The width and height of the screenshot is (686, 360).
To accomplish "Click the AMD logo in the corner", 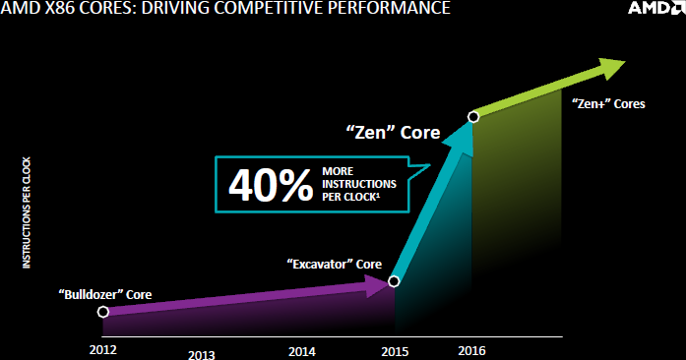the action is (x=656, y=8).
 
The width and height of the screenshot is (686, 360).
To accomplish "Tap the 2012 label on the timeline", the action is (x=103, y=350).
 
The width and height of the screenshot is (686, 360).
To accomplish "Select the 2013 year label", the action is (x=202, y=354).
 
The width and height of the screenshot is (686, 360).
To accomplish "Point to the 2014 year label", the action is (x=302, y=351).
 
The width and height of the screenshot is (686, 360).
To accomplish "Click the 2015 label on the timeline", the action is (x=395, y=351).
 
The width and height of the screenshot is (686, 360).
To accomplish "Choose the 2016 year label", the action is (x=471, y=350).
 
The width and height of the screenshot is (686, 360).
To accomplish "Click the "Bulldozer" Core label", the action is (x=105, y=294).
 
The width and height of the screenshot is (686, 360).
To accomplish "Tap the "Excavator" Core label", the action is (x=335, y=264).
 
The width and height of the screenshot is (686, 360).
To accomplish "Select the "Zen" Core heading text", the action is (x=393, y=132).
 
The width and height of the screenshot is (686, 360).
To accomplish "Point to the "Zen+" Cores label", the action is (x=608, y=103).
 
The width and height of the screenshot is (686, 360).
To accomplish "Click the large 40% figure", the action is (x=271, y=185).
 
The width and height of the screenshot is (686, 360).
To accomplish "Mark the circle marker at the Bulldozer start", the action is (x=102, y=312).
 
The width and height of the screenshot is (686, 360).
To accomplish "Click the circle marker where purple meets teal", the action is (x=394, y=281).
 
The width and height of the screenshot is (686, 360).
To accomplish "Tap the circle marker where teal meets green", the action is (x=473, y=117).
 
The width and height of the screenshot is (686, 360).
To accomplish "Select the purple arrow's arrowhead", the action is (x=377, y=285).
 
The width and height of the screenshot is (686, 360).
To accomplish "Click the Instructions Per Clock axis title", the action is (x=27, y=212).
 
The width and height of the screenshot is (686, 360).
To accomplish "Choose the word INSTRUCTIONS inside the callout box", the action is (x=359, y=184).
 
